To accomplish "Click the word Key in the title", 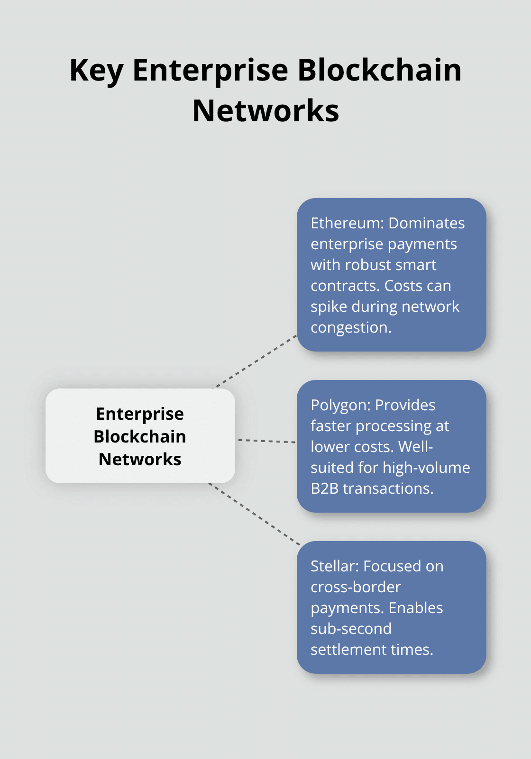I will [x=96, y=71].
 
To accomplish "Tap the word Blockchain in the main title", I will [x=379, y=71].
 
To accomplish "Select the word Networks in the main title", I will [x=265, y=111].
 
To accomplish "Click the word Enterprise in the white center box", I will [x=140, y=414].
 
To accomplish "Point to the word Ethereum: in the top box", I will [x=347, y=223].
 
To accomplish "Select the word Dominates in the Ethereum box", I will [x=426, y=223].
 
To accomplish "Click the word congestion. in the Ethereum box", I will [x=351, y=327].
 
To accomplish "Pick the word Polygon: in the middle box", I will [x=340, y=405].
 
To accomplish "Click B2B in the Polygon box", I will [x=324, y=488].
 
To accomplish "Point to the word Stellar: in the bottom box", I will [x=335, y=566].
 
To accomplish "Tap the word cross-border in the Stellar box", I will [x=356, y=587].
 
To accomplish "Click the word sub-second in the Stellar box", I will [x=351, y=629].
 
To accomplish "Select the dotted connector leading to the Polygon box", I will [x=266, y=441].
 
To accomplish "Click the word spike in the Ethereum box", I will [x=329, y=307].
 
